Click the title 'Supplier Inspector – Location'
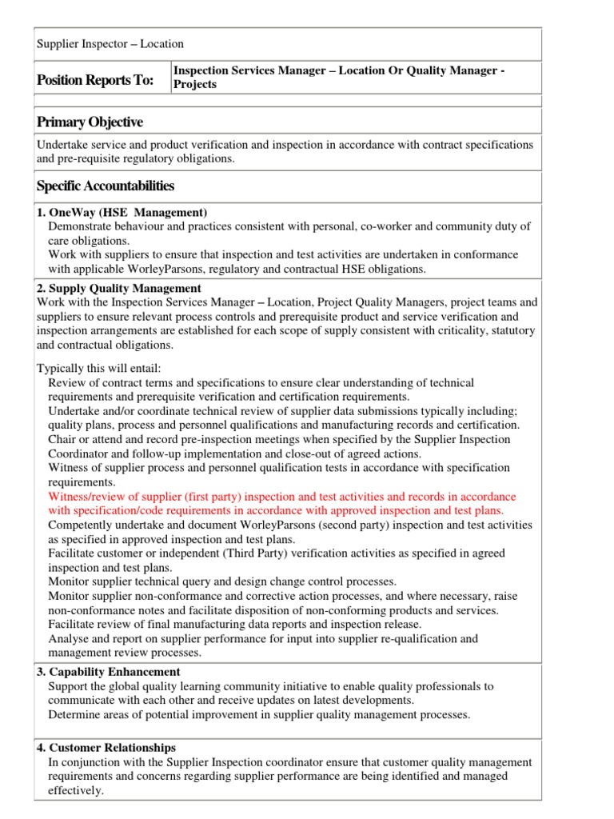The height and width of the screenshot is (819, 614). pos(110,44)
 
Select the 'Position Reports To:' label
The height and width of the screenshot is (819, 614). pos(95,79)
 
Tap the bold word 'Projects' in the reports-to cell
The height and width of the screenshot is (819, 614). pos(195,84)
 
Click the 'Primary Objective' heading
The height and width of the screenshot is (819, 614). pos(90,122)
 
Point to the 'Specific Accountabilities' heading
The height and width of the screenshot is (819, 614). pos(106,186)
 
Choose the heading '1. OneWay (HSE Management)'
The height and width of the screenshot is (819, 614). pos(122,212)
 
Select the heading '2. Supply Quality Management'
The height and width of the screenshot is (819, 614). pos(119,288)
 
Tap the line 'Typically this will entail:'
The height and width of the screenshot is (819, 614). pos(99,369)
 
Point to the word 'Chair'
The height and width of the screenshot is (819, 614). pos(62,439)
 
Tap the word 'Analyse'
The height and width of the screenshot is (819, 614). pos(69,638)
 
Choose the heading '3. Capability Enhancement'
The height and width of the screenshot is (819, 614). pos(109,672)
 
